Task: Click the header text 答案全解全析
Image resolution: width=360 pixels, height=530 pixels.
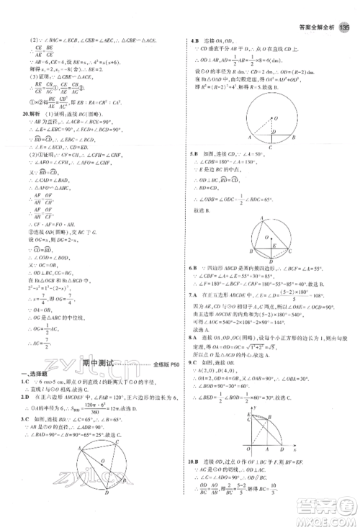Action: (x=314, y=28)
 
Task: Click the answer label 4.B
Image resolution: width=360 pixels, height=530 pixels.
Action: (x=194, y=41)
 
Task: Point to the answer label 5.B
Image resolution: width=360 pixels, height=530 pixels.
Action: (x=194, y=174)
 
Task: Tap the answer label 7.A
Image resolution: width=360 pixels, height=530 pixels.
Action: (x=194, y=293)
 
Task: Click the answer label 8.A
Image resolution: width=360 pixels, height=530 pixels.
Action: (x=194, y=336)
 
